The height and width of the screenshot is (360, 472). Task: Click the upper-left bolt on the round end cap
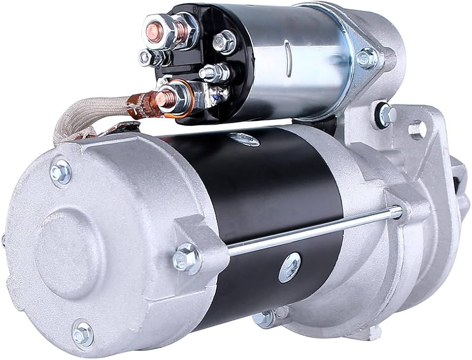pyautogui.click(x=60, y=169)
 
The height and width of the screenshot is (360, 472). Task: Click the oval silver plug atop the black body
pyautogui.click(x=244, y=138)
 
